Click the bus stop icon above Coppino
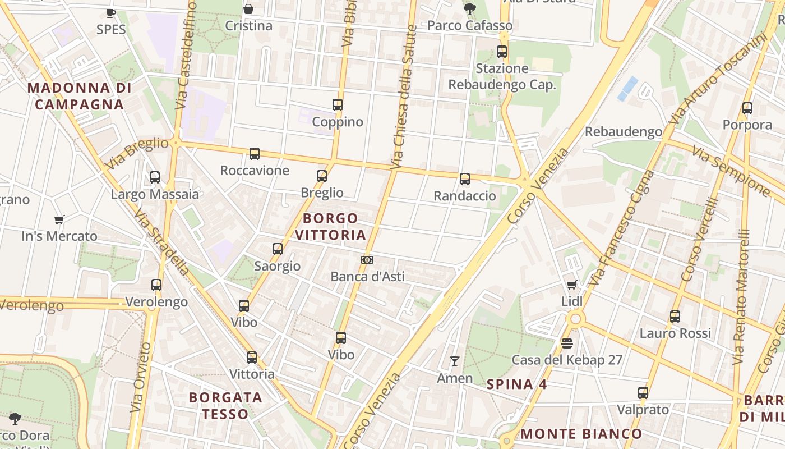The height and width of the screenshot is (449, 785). click(x=337, y=105)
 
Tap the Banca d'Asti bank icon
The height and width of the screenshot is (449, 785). click(x=367, y=260)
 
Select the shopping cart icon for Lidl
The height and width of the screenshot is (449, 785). click(x=571, y=285)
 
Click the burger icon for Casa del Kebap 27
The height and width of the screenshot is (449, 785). click(x=567, y=343)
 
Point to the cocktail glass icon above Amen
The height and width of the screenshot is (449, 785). click(x=455, y=361)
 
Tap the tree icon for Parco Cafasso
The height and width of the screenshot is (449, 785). click(x=470, y=9)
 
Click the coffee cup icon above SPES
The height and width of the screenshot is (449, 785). click(x=111, y=13)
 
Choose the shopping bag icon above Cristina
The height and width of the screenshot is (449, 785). click(x=248, y=9)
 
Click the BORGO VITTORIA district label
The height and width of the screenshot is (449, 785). click(x=330, y=227)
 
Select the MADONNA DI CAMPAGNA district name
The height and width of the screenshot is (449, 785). click(x=79, y=96)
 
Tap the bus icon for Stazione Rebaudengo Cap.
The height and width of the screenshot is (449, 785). click(x=502, y=52)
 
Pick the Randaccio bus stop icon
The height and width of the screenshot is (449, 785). click(x=465, y=179)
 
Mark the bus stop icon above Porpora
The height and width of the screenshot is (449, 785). click(x=747, y=108)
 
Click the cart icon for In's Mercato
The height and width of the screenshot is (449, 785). click(x=59, y=219)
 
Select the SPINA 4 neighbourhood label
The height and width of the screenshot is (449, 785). click(x=516, y=384)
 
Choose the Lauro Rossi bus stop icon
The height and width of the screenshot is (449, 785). click(x=675, y=317)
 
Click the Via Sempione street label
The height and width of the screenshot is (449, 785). click(x=731, y=171)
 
